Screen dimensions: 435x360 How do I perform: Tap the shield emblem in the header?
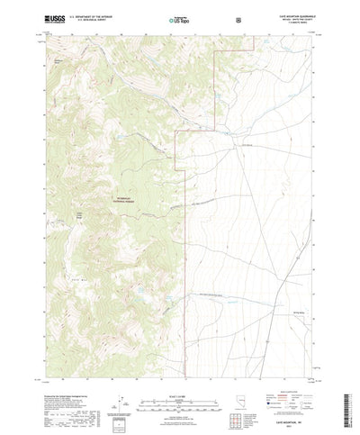point(238,18)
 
